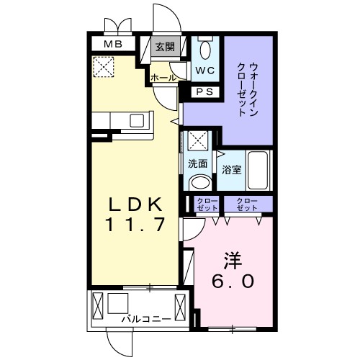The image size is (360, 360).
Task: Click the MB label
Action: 113,44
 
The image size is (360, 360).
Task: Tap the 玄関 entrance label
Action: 165,47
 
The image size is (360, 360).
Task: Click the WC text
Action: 204,71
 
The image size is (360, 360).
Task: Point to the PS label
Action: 204,92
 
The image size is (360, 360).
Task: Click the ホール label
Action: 163,78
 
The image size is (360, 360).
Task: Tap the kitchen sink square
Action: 137,120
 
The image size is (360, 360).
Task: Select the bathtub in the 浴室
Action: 258,170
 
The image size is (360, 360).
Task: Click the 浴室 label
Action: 231,170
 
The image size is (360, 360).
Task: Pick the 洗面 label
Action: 197,163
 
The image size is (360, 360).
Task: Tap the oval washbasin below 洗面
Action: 200,183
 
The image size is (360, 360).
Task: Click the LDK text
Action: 135,204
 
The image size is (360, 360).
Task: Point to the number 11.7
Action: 136,225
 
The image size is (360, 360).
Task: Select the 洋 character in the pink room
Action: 233,261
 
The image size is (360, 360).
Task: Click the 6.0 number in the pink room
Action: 233,281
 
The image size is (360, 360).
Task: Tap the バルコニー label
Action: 146,319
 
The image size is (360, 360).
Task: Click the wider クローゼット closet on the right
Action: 248,204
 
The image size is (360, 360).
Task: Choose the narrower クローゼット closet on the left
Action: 207,204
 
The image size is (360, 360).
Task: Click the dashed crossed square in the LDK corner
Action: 104,67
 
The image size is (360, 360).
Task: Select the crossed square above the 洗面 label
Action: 198,140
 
